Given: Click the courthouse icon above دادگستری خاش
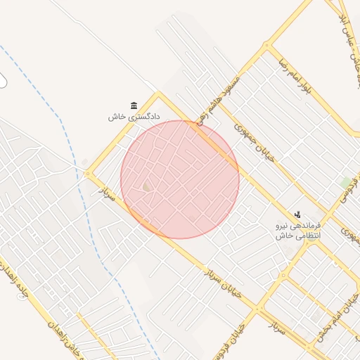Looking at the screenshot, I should coord(134,105).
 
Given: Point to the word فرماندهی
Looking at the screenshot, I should coord(305,226).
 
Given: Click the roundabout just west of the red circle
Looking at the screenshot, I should coord(88,174).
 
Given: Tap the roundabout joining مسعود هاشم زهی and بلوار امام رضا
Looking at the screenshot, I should coord(266,47).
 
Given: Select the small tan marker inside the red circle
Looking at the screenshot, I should coord(146,186).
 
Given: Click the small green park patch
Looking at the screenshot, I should coord(346,182).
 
